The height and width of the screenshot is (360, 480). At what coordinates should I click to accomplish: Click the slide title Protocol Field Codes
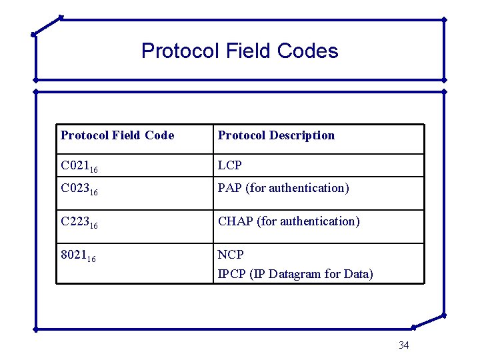click(x=240, y=51)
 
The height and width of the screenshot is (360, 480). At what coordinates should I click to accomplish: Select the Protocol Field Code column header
click(x=117, y=135)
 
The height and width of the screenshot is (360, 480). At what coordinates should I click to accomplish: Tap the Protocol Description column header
click(x=276, y=135)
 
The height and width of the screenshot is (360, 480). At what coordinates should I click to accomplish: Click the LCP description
click(x=230, y=165)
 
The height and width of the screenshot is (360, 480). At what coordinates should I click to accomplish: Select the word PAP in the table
click(x=230, y=188)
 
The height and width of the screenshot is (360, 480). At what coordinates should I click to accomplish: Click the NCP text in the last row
click(x=231, y=255)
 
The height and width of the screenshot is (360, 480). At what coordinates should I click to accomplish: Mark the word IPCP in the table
click(x=232, y=274)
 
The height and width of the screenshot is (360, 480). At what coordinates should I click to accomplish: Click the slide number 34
click(x=403, y=345)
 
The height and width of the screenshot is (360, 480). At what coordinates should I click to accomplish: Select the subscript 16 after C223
click(x=94, y=225)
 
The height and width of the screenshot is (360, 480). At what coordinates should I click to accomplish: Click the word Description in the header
click(x=303, y=135)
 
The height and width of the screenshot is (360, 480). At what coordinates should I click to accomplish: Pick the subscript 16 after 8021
click(x=91, y=259)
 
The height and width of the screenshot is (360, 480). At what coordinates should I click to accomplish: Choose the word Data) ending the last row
click(x=359, y=274)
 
